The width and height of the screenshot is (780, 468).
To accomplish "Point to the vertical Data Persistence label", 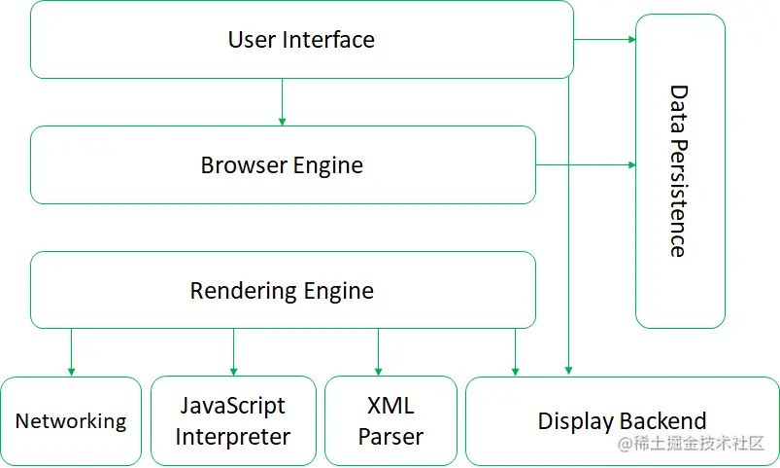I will (x=679, y=171).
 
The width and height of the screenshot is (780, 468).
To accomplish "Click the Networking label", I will (x=71, y=421).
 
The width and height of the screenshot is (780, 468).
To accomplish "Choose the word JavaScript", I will (x=233, y=406).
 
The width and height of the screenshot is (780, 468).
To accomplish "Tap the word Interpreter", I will (x=233, y=437).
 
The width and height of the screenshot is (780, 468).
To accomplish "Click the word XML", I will (x=390, y=406).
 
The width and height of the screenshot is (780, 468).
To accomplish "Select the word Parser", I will (x=390, y=437).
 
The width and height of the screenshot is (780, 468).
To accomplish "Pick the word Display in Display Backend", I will (x=576, y=421).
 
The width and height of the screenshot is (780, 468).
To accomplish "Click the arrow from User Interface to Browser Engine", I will (x=282, y=102).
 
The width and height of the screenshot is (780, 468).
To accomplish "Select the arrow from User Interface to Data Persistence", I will (x=604, y=40).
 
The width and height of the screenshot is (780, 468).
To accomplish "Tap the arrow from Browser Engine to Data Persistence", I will (x=586, y=165).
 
